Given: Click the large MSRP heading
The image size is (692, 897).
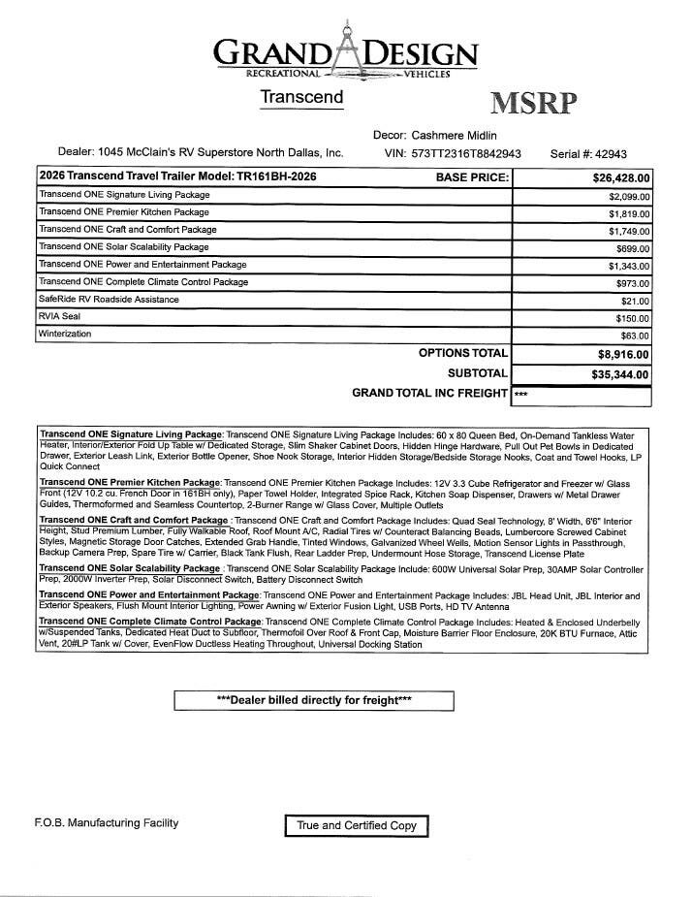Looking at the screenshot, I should click(533, 104).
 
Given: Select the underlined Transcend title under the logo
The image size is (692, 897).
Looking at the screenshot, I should click(301, 97).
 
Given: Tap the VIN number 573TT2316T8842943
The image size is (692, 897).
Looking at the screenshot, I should click(466, 153).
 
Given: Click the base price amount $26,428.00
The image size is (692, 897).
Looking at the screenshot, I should click(621, 178).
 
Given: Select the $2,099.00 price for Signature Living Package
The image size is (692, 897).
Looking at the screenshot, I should click(629, 196).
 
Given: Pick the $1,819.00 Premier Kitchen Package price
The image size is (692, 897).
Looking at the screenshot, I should click(629, 213).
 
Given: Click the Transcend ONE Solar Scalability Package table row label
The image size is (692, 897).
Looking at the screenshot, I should click(123, 247).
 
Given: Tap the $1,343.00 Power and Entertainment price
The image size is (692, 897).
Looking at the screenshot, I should click(629, 266).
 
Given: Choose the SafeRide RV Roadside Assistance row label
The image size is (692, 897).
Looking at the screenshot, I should click(109, 300).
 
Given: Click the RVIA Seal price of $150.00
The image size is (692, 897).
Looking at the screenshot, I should click(632, 318).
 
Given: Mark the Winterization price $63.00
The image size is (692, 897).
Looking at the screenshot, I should click(635, 336).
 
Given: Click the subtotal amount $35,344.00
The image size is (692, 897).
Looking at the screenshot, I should click(621, 374).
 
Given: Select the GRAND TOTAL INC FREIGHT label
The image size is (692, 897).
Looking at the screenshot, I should click(429, 394).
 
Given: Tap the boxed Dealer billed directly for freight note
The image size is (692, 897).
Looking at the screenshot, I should click(313, 700).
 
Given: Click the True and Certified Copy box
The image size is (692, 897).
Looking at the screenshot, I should click(357, 825).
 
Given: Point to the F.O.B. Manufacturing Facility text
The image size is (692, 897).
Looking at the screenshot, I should click(107, 823).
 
